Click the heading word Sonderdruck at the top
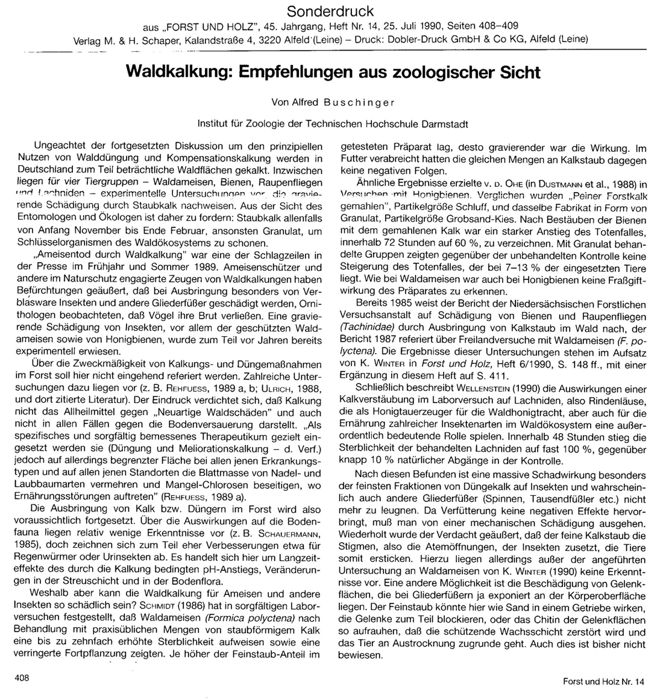pyautogui.click(x=330, y=11)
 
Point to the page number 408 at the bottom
pyautogui.click(x=23, y=678)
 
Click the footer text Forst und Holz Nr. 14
pyautogui.click(x=603, y=681)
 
